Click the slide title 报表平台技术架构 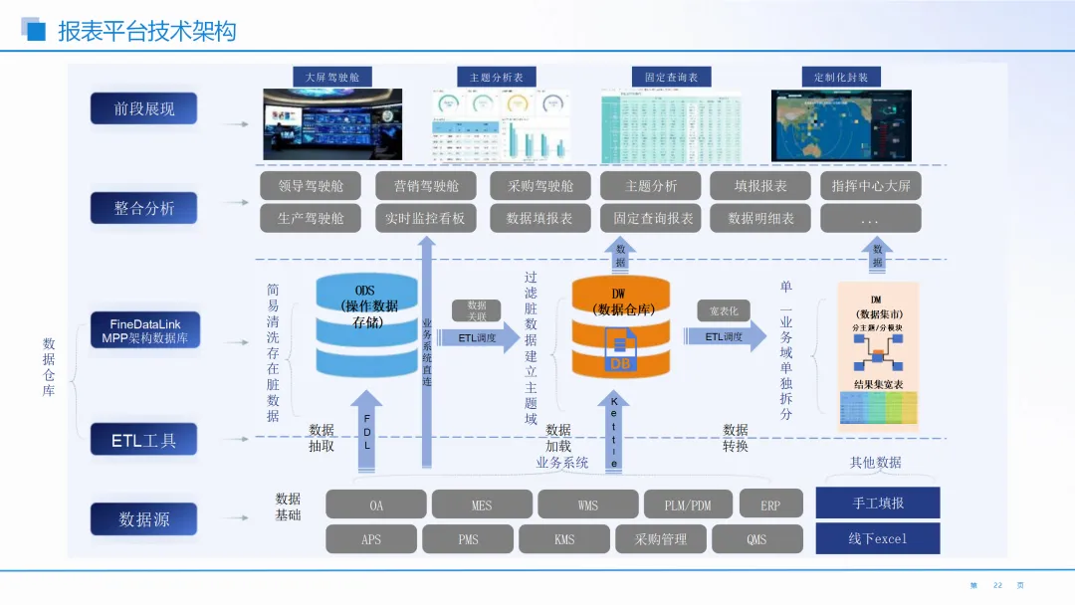146,31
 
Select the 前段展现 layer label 143,108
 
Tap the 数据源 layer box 143,518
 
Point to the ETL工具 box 143,440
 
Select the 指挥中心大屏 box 870,186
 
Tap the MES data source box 482,504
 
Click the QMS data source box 756,539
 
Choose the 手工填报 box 878,503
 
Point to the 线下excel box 878,538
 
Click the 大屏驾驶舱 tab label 332,77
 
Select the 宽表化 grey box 724,311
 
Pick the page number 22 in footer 997,585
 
